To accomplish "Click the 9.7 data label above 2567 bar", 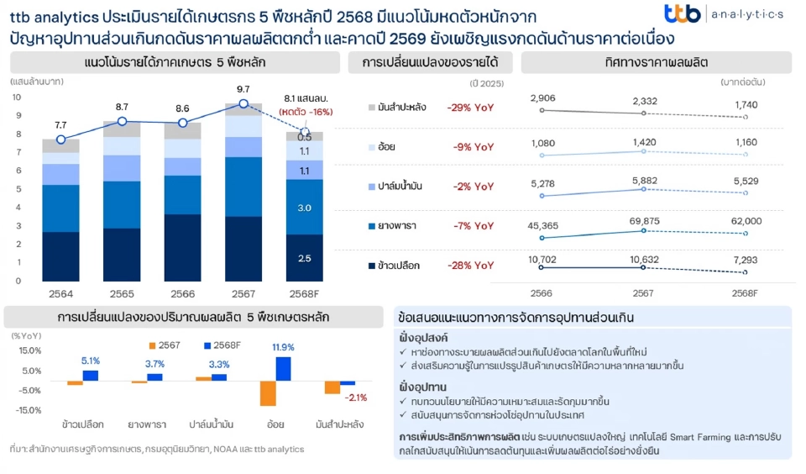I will [243, 88].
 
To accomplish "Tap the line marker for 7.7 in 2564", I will [60, 140].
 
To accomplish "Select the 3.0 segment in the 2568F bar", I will [305, 208].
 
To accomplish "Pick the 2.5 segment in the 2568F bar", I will [305, 258].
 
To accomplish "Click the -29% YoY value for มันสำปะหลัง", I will [471, 108].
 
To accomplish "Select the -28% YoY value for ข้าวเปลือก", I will [471, 266].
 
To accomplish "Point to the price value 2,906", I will [543, 99].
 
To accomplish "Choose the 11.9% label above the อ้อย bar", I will [283, 347].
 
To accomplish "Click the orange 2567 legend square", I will [152, 345].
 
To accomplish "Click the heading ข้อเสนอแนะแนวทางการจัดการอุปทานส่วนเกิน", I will [516, 318].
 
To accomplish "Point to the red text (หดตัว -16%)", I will [306, 112].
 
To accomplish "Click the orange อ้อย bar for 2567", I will [268, 393].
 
